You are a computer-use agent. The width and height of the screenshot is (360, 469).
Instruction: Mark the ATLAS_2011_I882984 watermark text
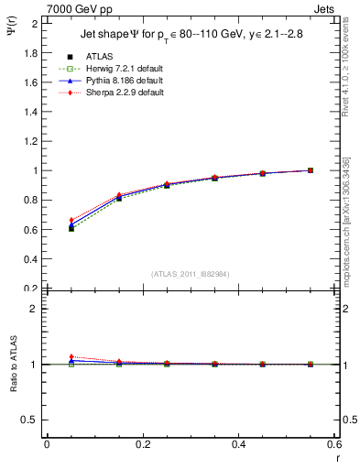click(x=190, y=274)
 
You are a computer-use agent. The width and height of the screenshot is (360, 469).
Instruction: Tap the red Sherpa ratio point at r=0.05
click(x=71, y=356)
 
